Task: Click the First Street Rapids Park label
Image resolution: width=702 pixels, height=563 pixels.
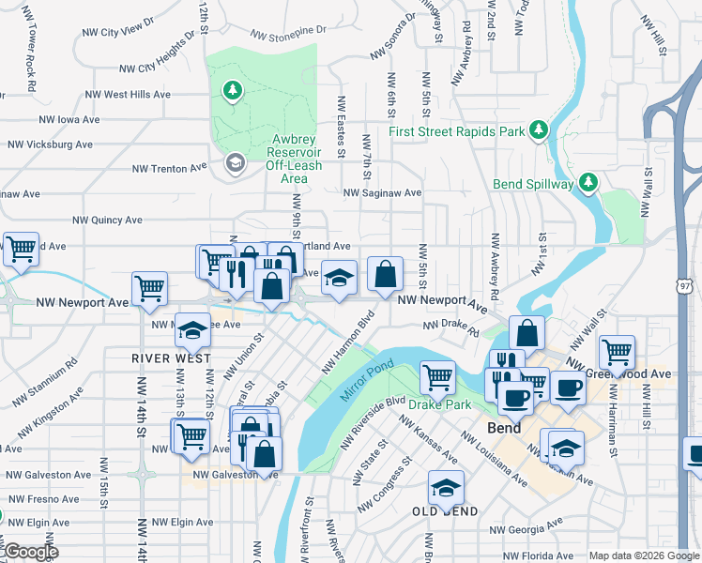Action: click(457, 132)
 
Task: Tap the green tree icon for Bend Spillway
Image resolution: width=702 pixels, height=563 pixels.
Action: click(588, 182)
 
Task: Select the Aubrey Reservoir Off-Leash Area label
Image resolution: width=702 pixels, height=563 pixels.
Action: click(294, 158)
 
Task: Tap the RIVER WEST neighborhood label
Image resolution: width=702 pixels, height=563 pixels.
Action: click(171, 358)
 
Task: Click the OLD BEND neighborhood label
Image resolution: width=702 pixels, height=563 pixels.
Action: click(446, 511)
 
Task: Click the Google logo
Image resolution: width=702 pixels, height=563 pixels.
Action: click(30, 552)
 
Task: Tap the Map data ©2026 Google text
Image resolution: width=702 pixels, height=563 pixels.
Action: click(644, 555)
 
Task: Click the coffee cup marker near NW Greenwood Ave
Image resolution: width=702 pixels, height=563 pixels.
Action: click(567, 388)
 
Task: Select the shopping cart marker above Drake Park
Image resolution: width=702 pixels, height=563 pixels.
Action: click(437, 377)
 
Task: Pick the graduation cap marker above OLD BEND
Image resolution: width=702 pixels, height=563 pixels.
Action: click(446, 487)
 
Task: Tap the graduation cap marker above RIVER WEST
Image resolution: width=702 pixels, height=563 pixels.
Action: click(193, 329)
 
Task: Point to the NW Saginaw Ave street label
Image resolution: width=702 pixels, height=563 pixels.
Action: click(382, 192)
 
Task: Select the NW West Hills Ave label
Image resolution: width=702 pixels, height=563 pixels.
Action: click(128, 95)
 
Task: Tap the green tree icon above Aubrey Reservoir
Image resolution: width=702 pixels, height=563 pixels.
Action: click(231, 91)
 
